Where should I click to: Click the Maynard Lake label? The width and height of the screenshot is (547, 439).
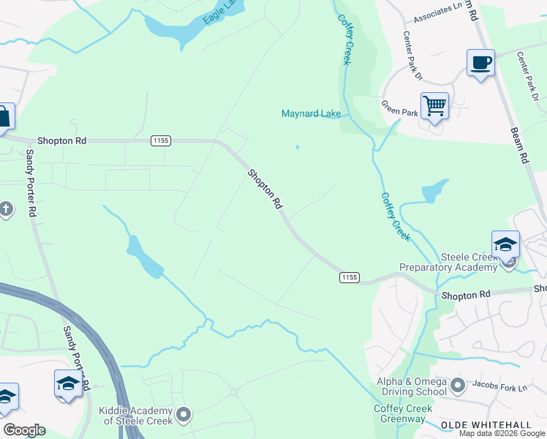tap(311, 113)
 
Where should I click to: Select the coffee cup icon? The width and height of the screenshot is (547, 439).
tap(480, 63)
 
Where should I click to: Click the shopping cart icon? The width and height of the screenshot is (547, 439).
tap(434, 106)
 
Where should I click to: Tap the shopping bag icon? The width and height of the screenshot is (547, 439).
tap(4, 116)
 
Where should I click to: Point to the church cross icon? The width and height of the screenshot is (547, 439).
tap(6, 210)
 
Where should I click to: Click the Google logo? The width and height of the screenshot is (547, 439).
tap(24, 430)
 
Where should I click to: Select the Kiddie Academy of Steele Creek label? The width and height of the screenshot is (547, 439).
tap(137, 416)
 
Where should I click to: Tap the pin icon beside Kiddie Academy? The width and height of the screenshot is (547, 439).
tap(184, 416)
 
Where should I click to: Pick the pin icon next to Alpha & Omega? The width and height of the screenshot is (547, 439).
tap(459, 384)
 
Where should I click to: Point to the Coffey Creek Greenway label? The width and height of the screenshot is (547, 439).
tap(399, 413)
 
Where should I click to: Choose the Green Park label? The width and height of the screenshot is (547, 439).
tap(399, 111)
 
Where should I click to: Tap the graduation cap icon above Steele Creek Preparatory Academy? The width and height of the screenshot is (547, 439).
tap(505, 245)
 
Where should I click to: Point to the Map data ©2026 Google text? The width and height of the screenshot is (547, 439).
tap(502, 433)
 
